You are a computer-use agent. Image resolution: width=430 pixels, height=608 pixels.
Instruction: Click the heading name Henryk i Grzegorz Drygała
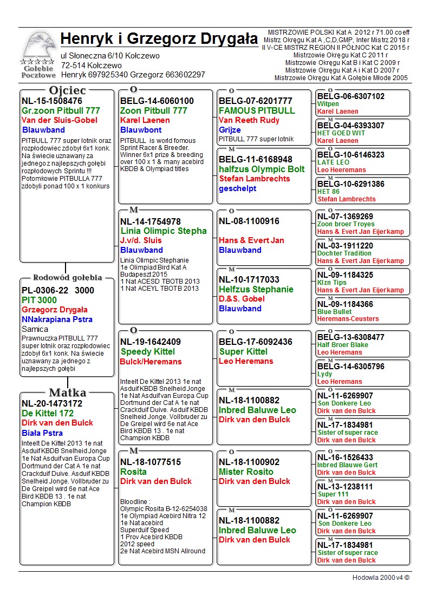pos(159,39)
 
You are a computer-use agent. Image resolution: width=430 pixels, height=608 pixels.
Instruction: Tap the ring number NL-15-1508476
pos(52,101)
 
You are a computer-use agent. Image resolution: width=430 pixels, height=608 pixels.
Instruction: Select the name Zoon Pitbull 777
pos(154,111)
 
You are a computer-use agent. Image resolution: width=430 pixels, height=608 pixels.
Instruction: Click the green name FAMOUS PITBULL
pos(257,111)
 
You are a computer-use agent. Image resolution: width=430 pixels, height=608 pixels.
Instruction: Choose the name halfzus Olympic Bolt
pos(262,169)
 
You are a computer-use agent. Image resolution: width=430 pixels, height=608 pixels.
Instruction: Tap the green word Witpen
pos(328,104)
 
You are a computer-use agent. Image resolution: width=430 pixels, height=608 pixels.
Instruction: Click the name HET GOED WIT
pos(341,133)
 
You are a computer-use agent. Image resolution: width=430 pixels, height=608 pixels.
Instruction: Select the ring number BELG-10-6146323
pos(351,155)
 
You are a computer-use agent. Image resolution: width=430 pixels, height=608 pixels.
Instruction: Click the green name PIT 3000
pos(39,300)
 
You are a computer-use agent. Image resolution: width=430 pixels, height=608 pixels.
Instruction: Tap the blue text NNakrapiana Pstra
pos(57,319)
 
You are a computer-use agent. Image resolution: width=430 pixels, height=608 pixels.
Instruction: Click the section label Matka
pos(67,393)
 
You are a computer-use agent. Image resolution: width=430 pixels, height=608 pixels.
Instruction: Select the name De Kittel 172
pos(48,413)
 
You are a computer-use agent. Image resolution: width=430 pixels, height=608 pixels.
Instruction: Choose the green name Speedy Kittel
pos(148,352)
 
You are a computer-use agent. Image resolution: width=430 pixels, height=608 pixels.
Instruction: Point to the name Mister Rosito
pos(246,472)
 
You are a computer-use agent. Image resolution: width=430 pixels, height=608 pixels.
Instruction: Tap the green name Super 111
pos(333,494)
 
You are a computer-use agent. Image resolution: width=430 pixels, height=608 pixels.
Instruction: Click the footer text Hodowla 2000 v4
pos(381,578)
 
